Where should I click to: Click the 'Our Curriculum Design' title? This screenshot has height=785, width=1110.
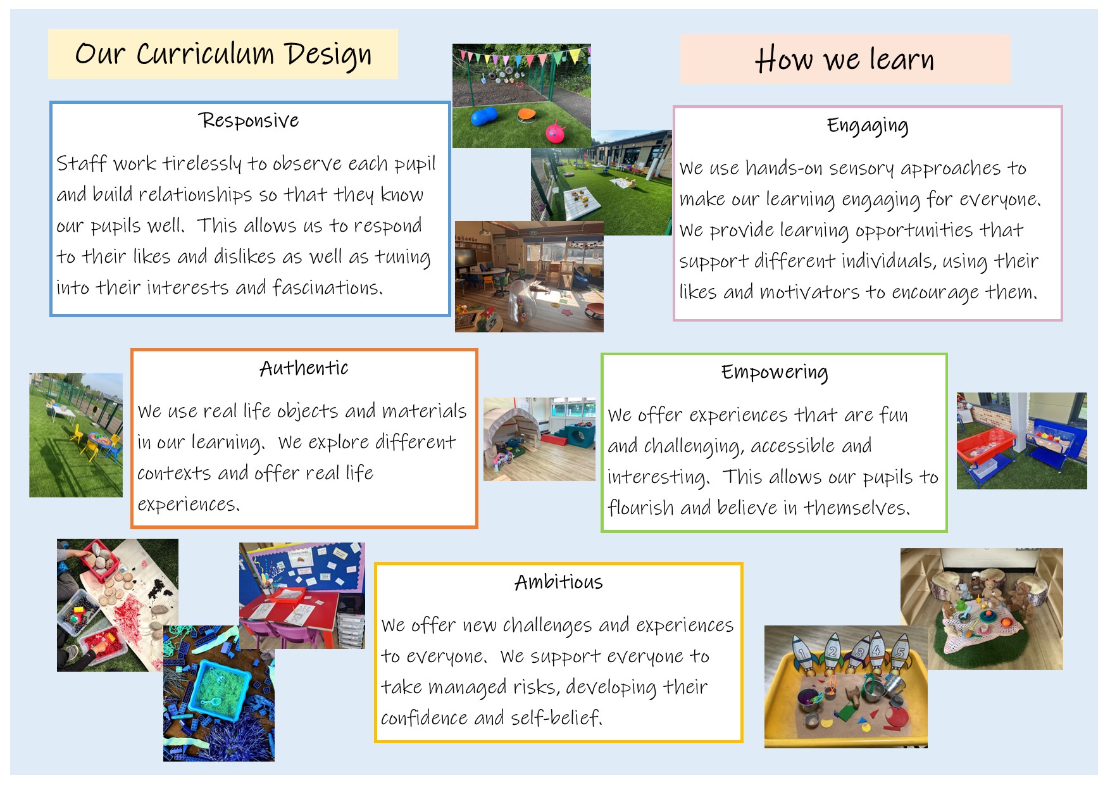223,54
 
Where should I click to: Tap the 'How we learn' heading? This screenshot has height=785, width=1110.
844,60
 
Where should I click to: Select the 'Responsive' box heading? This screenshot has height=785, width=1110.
249,120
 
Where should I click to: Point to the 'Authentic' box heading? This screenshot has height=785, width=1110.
304,368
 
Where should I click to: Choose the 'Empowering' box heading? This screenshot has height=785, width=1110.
775,373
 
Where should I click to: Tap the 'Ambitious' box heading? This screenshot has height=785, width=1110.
559,582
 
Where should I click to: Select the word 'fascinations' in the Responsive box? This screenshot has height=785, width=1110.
328,287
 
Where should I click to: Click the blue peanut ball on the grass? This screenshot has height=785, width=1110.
485,116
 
